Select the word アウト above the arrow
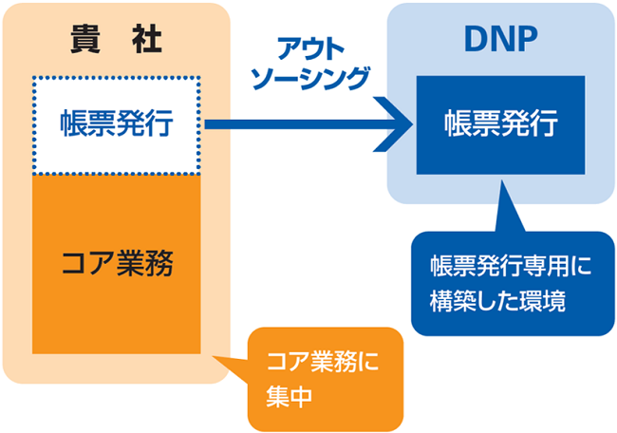coord(308,48)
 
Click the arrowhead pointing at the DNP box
coord(392,124)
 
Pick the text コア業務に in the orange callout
coord(322,361)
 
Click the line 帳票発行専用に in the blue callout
coord(509,265)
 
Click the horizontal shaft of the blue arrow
coord(285,124)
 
